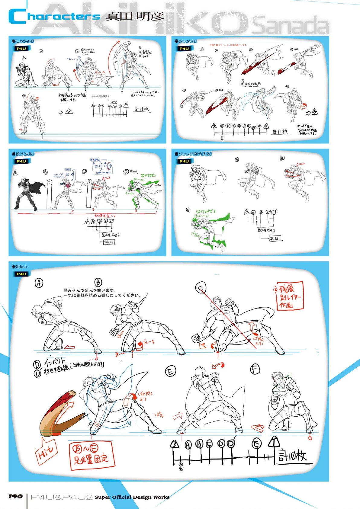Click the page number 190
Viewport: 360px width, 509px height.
(x=15, y=496)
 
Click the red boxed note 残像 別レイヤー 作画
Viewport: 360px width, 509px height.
(x=289, y=296)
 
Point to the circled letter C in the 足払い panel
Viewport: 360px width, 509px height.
(x=201, y=287)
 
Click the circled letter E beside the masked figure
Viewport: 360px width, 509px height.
(x=170, y=371)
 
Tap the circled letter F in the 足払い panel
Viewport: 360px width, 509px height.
(x=255, y=369)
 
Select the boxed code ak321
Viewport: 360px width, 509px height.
(x=275, y=238)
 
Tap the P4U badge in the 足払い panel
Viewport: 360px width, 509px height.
(x=21, y=274)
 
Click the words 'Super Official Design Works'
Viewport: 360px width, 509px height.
(x=132, y=497)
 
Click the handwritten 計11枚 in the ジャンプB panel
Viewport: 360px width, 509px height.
(x=280, y=131)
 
